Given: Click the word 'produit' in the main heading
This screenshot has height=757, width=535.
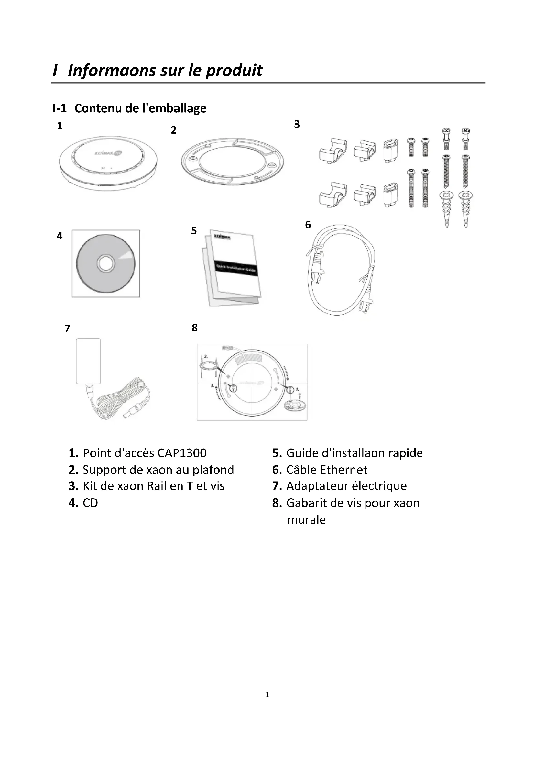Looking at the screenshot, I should click(x=234, y=71).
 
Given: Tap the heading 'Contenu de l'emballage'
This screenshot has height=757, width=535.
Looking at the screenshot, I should click(x=140, y=108).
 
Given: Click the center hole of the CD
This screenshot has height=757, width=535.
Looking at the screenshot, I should click(x=105, y=263).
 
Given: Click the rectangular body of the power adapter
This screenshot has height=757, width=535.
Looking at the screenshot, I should click(x=88, y=361).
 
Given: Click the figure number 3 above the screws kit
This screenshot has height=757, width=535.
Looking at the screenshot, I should click(x=297, y=124).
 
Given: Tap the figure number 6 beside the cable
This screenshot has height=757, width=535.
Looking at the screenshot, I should click(x=308, y=225).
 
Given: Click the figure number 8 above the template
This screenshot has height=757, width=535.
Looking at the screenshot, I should click(x=195, y=328).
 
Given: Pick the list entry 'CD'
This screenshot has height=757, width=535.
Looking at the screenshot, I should click(x=90, y=503).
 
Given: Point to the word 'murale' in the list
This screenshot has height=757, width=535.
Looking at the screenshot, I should click(x=306, y=520).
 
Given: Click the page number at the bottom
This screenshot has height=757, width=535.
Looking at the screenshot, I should click(x=267, y=695).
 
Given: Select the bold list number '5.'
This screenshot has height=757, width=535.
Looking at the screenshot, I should click(x=277, y=453).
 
